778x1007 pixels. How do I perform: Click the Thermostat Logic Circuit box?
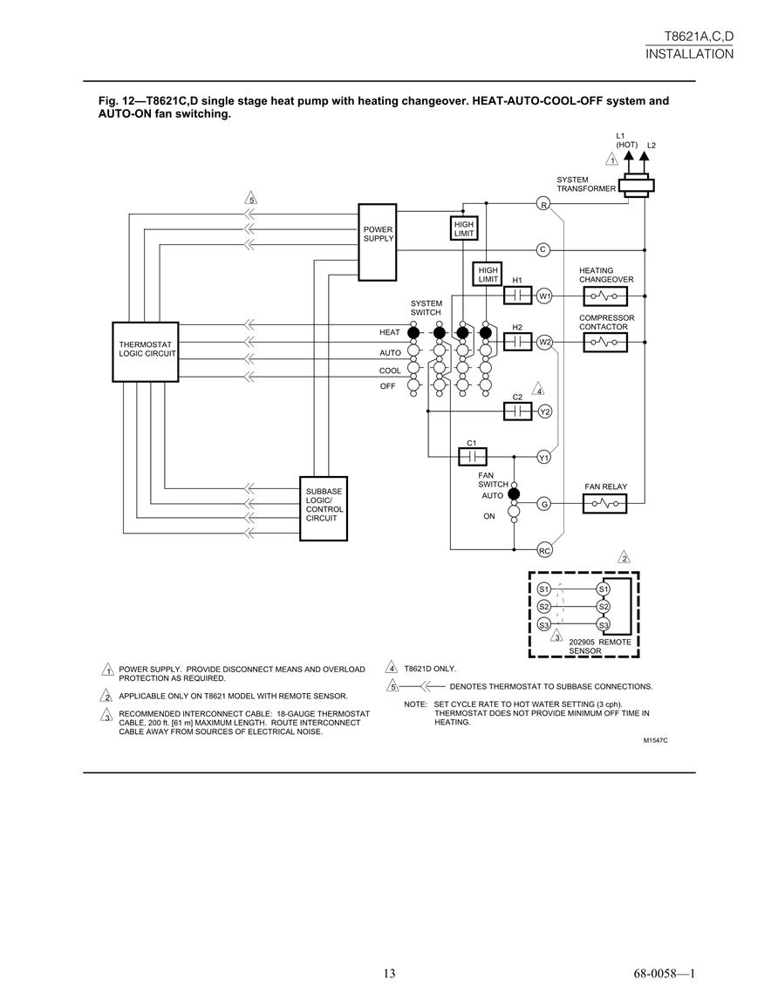145,352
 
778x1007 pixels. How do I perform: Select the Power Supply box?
377,242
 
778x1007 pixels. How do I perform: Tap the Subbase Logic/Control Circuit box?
324,508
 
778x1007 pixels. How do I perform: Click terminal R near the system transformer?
543,205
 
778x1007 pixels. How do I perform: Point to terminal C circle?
543,250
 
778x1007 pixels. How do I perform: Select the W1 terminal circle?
545,296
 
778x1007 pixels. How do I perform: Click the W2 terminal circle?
545,343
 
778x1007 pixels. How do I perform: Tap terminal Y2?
545,412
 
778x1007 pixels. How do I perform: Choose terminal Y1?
544,457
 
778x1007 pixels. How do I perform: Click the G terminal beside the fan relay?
544,504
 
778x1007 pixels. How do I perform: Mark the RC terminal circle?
545,550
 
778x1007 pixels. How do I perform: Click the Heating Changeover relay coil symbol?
605,296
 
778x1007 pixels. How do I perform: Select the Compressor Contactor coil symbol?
605,343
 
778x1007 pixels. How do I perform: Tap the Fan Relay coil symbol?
604,504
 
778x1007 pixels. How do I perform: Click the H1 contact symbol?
517,296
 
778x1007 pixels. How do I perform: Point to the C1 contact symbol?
472,457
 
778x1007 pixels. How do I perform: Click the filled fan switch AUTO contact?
514,493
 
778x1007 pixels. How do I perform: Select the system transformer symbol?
636,186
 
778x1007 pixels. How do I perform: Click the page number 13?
389,974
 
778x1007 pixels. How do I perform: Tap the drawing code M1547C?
656,740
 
